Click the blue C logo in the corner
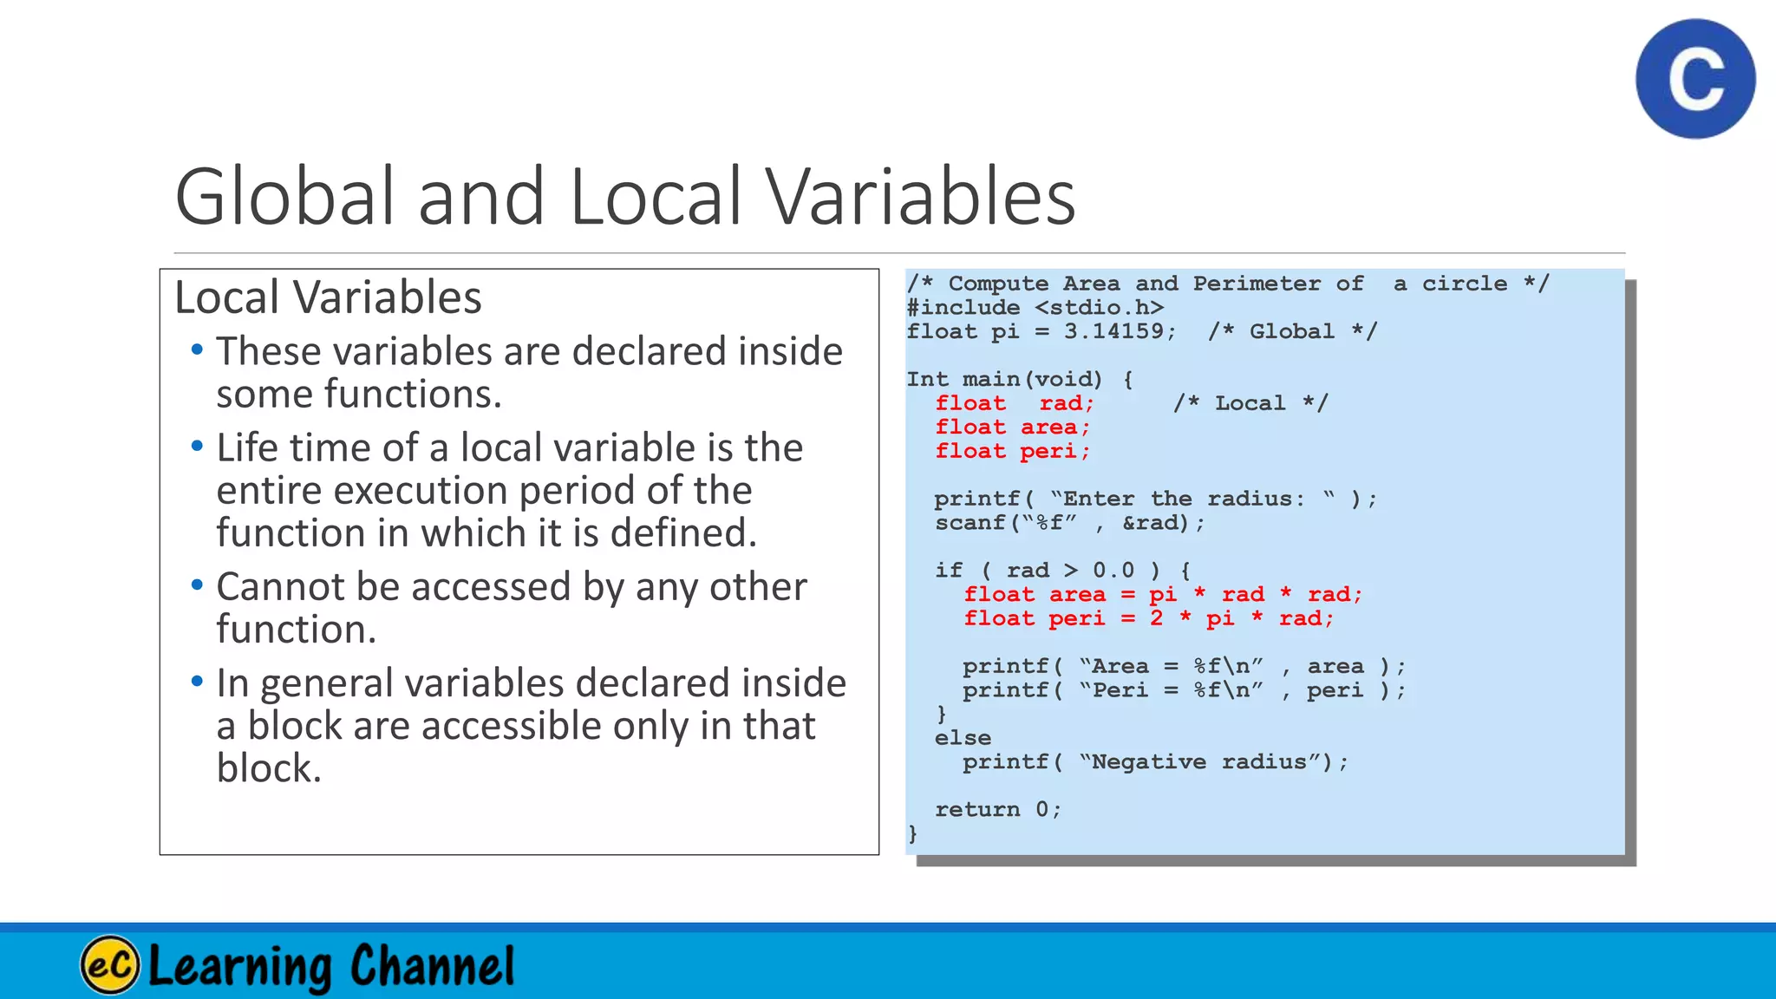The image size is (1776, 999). [x=1695, y=79]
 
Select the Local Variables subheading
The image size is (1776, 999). [x=328, y=297]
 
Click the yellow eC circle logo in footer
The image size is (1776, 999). [x=110, y=964]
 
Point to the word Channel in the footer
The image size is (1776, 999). [x=432, y=965]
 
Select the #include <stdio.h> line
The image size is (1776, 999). [x=1035, y=308]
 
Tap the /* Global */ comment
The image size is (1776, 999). [x=1292, y=331]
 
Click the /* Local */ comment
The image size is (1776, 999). [x=1250, y=403]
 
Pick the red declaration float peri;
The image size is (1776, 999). [x=1012, y=451]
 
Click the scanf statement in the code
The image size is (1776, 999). [x=1069, y=523]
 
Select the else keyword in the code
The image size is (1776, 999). [x=963, y=738]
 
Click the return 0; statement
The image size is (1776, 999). [x=997, y=810]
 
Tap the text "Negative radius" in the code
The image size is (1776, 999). [x=1205, y=762]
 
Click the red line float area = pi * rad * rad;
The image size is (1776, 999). [x=1163, y=595]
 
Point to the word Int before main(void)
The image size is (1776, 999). [x=927, y=380]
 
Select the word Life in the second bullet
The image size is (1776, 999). [x=247, y=448]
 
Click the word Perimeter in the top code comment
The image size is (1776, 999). [x=1257, y=284]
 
